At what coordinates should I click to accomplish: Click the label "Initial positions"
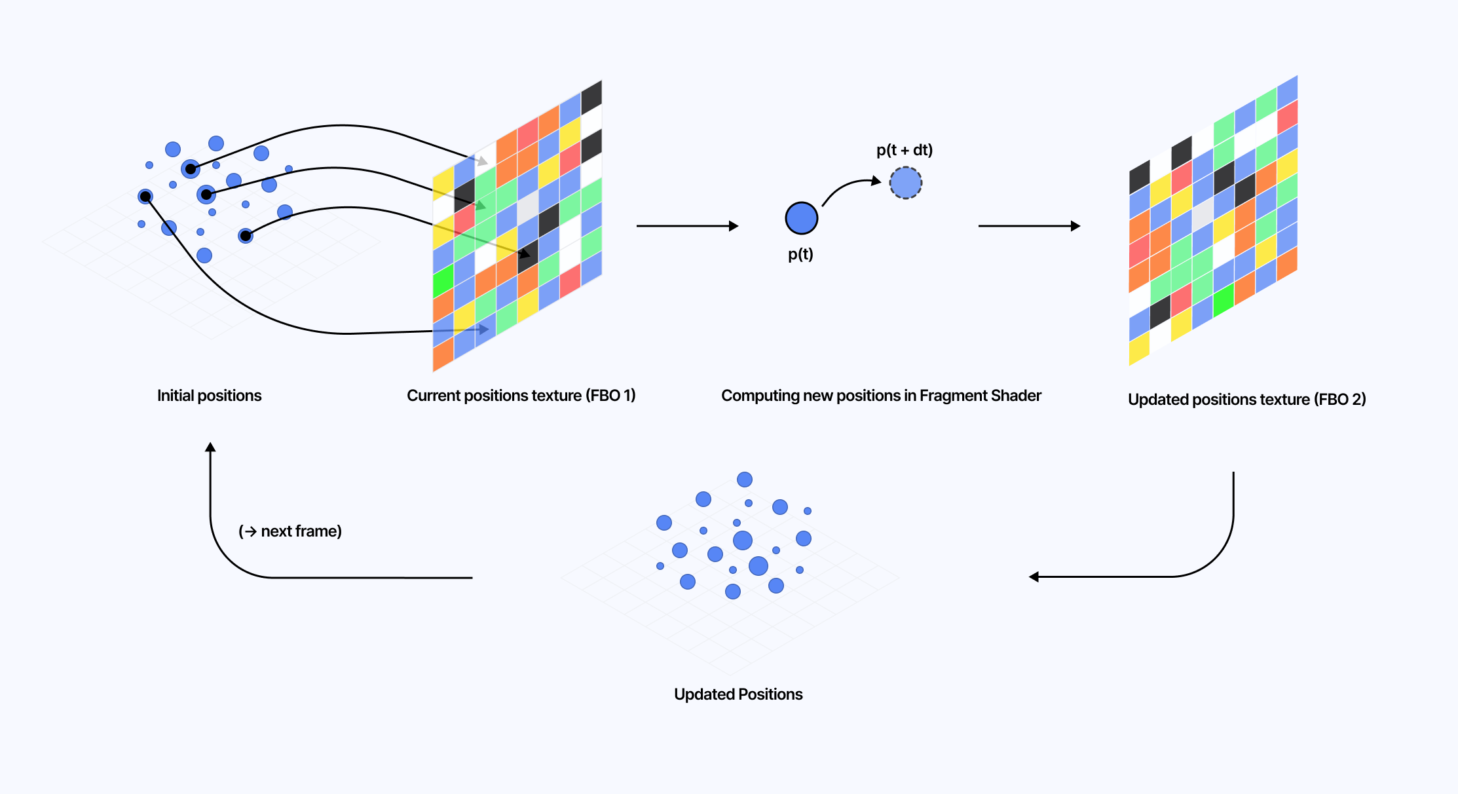point(209,396)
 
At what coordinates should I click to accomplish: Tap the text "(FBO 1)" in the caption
point(610,396)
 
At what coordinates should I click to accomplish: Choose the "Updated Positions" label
point(738,694)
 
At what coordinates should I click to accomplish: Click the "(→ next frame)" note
point(290,531)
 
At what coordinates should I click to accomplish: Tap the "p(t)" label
point(800,254)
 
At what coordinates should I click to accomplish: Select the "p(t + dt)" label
point(905,150)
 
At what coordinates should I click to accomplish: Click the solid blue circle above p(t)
point(802,218)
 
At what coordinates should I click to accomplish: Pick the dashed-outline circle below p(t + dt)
point(906,183)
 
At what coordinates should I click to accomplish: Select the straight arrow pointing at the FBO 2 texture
point(1028,226)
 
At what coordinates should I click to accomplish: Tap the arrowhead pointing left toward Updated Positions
point(1034,577)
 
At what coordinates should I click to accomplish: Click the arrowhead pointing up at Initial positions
point(210,447)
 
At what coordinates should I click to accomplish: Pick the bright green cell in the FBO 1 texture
point(443,281)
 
